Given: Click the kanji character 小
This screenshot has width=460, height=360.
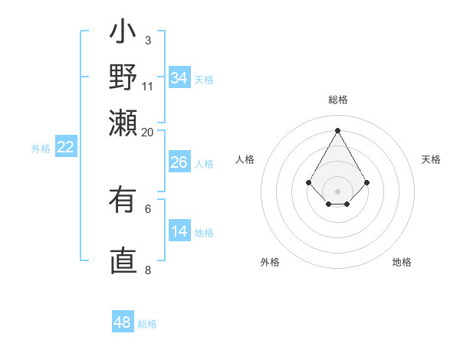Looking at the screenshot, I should (x=123, y=34).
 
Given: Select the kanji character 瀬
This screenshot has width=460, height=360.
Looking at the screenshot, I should (x=123, y=123).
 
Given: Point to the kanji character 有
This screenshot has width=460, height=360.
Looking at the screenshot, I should (x=123, y=201).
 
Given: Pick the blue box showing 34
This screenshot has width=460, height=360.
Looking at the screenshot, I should (x=179, y=78).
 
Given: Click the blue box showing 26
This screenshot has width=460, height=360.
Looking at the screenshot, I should (x=179, y=162).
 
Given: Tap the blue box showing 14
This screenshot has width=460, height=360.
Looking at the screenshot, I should (x=179, y=231).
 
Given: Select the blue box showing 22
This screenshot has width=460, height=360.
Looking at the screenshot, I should (x=66, y=148).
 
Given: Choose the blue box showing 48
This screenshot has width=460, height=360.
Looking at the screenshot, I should (x=123, y=322).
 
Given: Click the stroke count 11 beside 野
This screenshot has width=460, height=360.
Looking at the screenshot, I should (x=148, y=86).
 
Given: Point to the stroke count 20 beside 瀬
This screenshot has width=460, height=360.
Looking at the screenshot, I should (x=148, y=132).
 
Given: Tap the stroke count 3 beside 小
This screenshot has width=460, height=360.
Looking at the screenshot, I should (x=147, y=40).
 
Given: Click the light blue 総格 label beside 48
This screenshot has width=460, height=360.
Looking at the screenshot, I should (x=147, y=324).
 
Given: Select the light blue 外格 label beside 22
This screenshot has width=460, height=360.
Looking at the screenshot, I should (x=41, y=149).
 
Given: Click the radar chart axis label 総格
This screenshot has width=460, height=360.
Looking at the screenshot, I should (x=337, y=100).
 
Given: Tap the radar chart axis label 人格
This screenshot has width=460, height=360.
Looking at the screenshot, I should (x=245, y=159).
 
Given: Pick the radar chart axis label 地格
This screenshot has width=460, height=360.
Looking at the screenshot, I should (x=402, y=262).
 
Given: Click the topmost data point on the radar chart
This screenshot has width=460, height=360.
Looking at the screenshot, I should (x=337, y=129).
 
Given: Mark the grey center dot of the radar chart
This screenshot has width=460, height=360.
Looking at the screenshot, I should (x=337, y=191).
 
